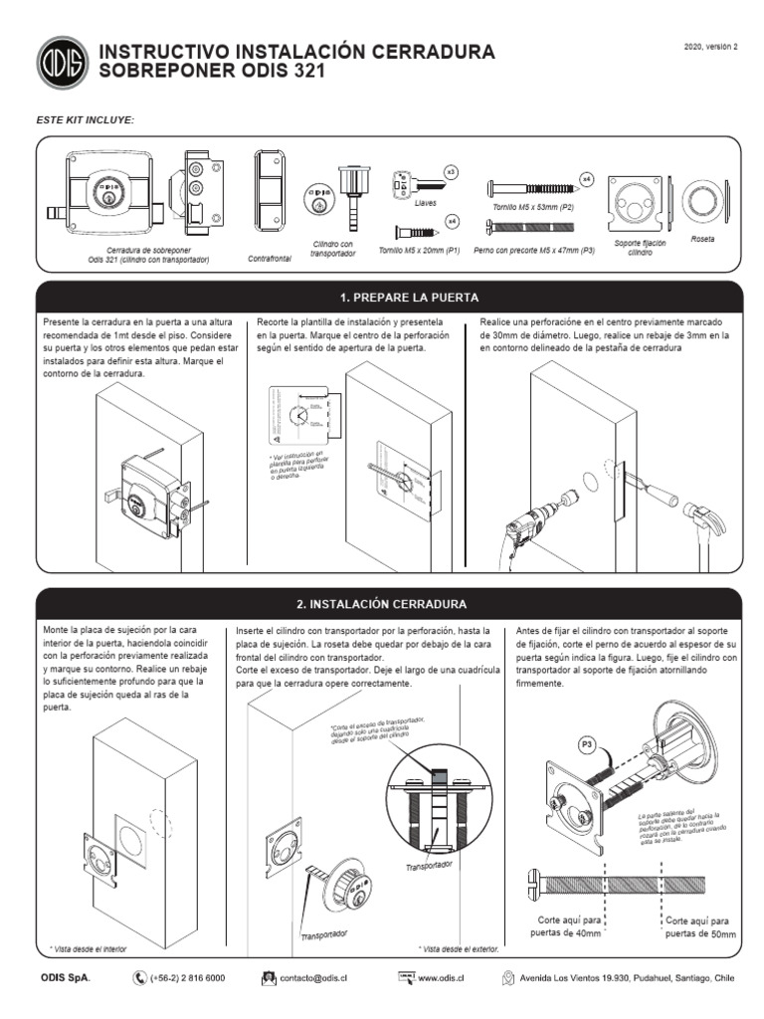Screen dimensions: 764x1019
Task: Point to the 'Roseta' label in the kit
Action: [702, 240]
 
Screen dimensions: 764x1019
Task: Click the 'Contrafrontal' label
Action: [269, 258]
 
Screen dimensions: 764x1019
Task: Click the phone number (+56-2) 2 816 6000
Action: [187, 978]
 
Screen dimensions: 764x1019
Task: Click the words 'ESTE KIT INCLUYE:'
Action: [85, 119]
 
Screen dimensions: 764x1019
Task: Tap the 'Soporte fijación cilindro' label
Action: [639, 247]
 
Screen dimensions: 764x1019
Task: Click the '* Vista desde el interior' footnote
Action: [89, 949]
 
